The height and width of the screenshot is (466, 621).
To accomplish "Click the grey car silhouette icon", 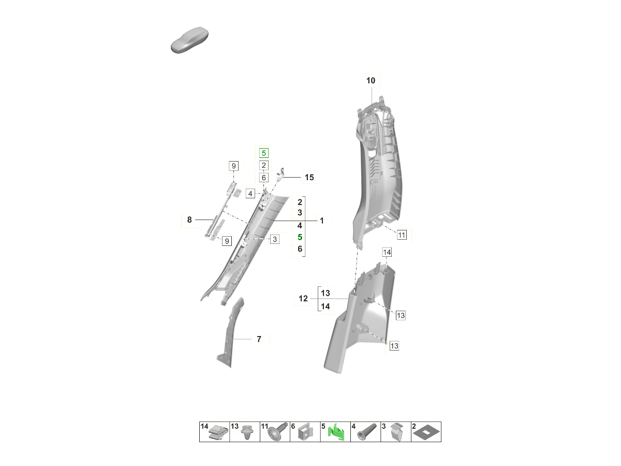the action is (x=189, y=40).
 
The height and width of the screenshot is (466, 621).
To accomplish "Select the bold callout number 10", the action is (x=371, y=81).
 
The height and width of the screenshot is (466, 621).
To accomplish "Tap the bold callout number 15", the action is (x=309, y=178).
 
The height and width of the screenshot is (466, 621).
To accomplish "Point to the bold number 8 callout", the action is (x=189, y=220).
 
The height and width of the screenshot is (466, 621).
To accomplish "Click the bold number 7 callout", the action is (x=259, y=339).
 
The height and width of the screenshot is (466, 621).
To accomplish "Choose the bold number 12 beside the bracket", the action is (x=303, y=298).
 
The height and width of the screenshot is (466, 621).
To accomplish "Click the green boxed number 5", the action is (x=264, y=153).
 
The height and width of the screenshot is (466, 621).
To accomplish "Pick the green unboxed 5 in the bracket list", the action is (x=300, y=237).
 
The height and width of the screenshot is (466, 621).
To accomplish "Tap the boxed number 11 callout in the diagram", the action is (x=402, y=235).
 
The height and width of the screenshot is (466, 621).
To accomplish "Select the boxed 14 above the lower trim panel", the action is (x=387, y=252).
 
